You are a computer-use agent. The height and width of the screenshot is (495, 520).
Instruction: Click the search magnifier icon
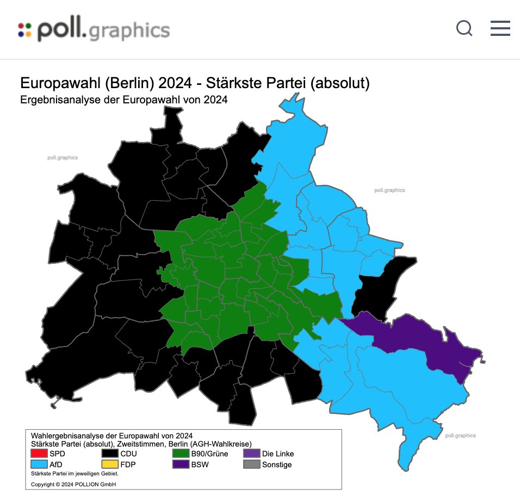[x=464, y=28]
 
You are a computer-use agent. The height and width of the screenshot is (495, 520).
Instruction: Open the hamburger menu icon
[x=500, y=28]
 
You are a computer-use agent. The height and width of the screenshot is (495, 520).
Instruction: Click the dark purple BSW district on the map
[x=430, y=340]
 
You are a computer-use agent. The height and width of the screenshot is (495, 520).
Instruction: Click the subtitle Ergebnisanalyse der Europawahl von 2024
[x=123, y=100]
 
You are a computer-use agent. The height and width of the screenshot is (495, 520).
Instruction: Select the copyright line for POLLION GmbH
[x=73, y=484]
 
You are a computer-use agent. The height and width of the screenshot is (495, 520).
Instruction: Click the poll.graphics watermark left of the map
[x=63, y=158]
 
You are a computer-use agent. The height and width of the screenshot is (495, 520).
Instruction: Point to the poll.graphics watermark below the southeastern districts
[x=460, y=435]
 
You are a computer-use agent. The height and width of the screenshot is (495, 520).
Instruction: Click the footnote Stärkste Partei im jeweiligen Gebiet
[x=75, y=474]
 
